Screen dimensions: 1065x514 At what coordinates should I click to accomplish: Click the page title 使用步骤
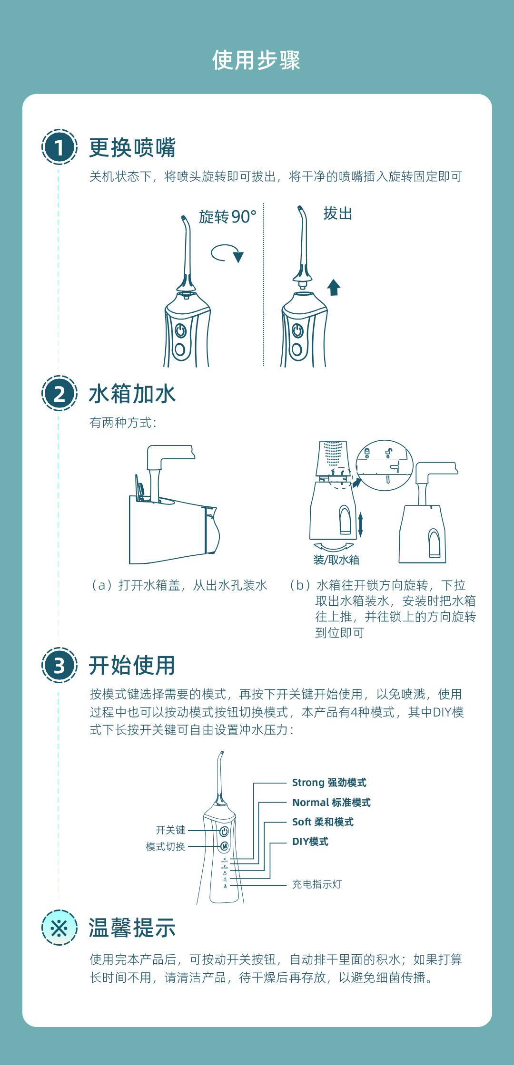pyautogui.click(x=256, y=60)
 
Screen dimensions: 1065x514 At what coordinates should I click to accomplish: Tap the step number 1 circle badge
pyautogui.click(x=59, y=147)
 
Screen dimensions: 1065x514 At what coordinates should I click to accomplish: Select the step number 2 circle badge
pyautogui.click(x=59, y=394)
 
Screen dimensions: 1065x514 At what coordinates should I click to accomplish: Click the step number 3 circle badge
pyautogui.click(x=59, y=665)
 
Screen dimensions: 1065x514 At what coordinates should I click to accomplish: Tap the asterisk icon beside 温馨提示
pyautogui.click(x=59, y=928)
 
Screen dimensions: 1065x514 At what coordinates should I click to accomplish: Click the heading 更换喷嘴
pyautogui.click(x=132, y=147)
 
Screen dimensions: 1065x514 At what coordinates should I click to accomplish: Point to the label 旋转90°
pyautogui.click(x=227, y=217)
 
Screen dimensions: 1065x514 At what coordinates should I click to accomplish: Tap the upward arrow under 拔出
pyautogui.click(x=334, y=287)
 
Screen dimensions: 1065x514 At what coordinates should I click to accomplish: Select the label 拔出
pyautogui.click(x=338, y=213)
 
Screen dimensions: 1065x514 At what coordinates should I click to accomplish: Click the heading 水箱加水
pyautogui.click(x=132, y=394)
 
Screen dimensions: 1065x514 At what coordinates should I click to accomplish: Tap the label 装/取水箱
pyautogui.click(x=336, y=560)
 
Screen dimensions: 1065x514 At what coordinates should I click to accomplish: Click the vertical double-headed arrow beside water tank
pyautogui.click(x=360, y=524)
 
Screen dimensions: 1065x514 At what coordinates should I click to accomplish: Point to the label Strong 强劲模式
pyautogui.click(x=329, y=783)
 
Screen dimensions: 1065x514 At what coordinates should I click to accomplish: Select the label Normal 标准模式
pyautogui.click(x=331, y=803)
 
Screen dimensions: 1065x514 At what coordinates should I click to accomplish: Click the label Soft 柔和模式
pyautogui.click(x=323, y=822)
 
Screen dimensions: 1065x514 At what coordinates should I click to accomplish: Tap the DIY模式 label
pyautogui.click(x=310, y=842)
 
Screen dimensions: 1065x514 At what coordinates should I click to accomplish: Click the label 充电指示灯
pyautogui.click(x=316, y=884)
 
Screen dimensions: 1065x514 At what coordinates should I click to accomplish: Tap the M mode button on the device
pyautogui.click(x=224, y=846)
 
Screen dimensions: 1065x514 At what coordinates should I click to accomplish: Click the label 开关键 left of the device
pyautogui.click(x=170, y=830)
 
